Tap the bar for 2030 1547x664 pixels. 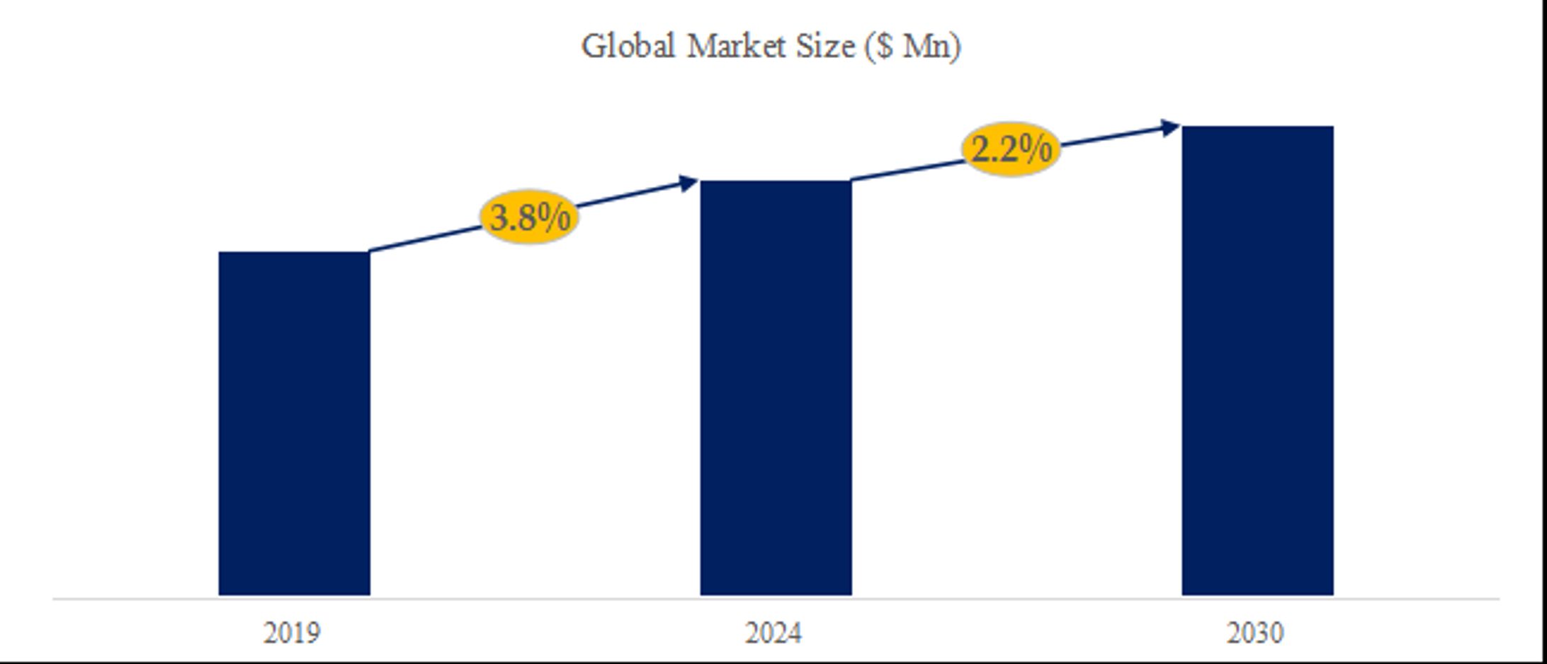point(1257,361)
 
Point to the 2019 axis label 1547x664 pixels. point(292,633)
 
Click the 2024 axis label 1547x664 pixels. point(773,633)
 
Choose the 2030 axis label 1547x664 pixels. point(1254,633)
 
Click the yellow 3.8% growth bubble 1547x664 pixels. point(529,217)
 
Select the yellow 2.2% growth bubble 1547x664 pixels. point(1011,149)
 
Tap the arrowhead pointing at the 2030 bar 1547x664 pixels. point(1170,127)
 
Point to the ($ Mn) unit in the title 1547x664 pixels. point(913,47)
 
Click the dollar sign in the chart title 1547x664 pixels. point(884,47)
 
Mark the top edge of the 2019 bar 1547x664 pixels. point(294,252)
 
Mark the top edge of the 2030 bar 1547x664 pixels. point(1257,127)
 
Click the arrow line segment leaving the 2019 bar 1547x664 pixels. point(425,239)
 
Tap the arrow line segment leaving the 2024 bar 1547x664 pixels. point(907,171)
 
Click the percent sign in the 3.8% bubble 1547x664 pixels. point(555,217)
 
